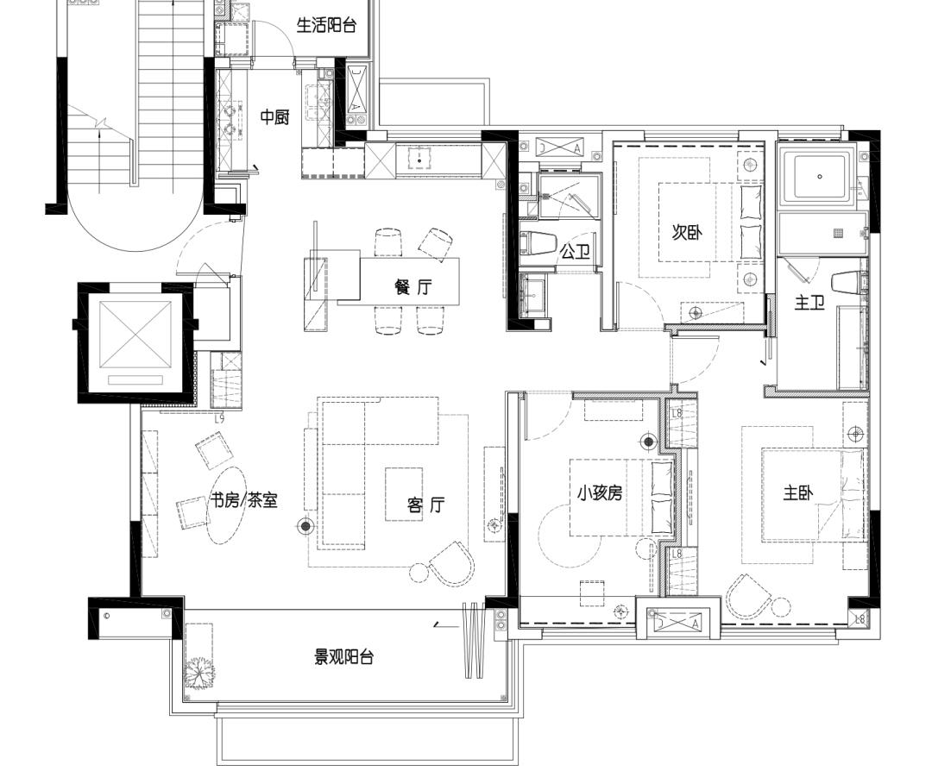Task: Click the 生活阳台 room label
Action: (326, 26)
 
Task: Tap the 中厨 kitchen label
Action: (275, 117)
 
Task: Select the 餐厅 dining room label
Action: (412, 288)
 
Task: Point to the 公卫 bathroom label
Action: (575, 252)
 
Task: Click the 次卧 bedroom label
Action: (687, 233)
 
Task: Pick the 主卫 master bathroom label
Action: (809, 303)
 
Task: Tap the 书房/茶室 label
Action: (244, 500)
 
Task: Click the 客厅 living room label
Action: (426, 505)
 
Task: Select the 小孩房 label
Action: (600, 493)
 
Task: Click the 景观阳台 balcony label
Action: (343, 657)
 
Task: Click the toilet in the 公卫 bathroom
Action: (539, 243)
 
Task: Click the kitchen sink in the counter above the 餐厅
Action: (420, 160)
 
